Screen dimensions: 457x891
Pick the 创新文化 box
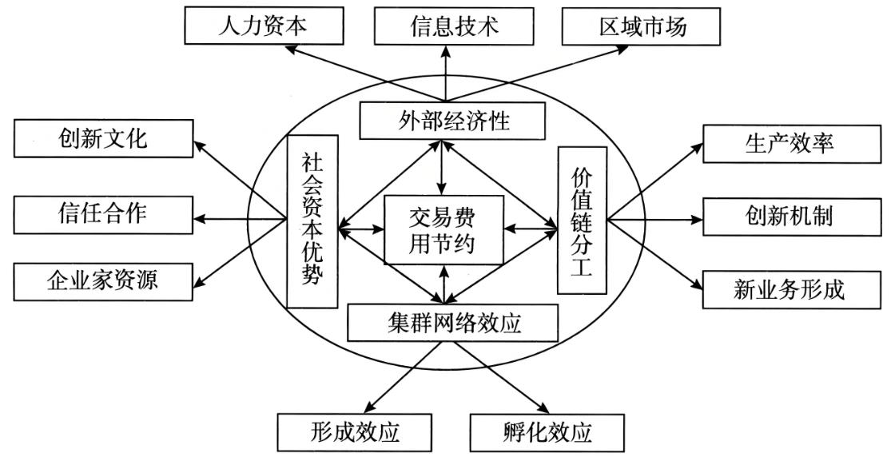tap(104, 138)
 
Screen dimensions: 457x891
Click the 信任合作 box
tap(104, 213)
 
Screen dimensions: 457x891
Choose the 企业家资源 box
tap(104, 280)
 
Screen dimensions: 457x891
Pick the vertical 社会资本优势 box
tap(312, 221)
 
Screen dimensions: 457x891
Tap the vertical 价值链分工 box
tap(582, 220)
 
